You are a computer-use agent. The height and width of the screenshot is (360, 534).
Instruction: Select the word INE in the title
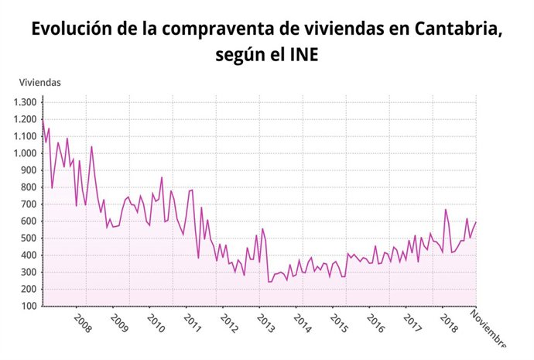pos(304,56)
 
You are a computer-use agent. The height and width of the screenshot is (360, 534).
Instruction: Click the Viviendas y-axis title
pos(39,82)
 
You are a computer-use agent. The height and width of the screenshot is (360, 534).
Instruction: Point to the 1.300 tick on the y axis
pos(26,102)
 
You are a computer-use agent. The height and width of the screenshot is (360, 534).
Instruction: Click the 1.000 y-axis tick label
pos(26,153)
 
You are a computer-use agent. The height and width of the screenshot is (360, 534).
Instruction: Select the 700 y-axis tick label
pos(29,204)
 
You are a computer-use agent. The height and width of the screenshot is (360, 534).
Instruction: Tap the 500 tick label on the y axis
pos(29,238)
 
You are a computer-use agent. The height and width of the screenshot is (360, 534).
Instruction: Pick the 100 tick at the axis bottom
pos(29,306)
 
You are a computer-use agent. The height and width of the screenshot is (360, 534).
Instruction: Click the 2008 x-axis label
pos(83,323)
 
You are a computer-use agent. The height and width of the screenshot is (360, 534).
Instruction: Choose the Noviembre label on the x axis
pos(488,328)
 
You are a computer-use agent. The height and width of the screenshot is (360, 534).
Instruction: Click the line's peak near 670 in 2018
pos(446,209)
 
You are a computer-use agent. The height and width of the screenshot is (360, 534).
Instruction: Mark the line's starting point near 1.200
pos(43,121)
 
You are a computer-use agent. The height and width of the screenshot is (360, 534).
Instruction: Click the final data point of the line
pos(476,222)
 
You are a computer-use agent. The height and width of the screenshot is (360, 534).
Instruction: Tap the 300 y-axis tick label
pos(29,272)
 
